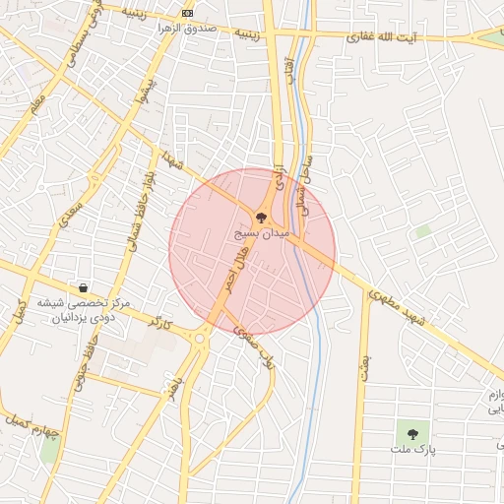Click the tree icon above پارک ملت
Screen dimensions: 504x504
(411, 432)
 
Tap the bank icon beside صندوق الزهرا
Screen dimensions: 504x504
(188, 14)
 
